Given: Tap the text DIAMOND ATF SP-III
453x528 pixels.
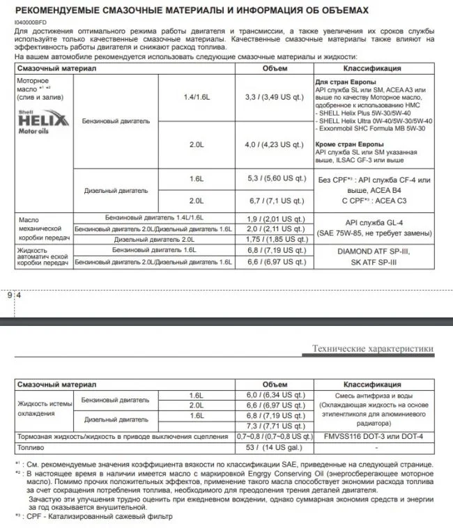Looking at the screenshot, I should (x=371, y=251).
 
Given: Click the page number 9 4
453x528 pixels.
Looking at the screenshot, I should (x=14, y=295).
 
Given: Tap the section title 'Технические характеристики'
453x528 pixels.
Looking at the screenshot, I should (x=372, y=349).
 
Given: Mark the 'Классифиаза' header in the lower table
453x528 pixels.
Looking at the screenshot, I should (x=371, y=385).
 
